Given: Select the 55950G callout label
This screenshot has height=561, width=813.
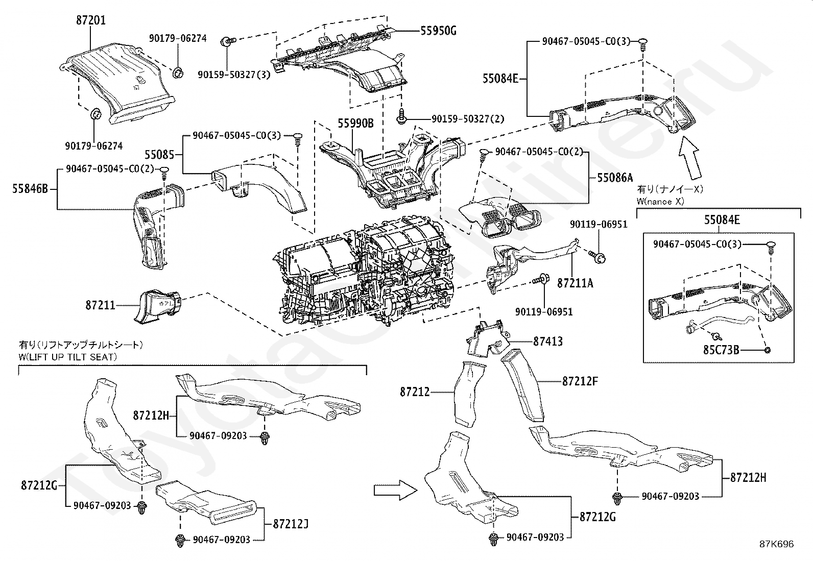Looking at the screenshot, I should pyautogui.click(x=438, y=31).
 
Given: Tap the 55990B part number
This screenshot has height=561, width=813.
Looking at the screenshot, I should pyautogui.click(x=355, y=124).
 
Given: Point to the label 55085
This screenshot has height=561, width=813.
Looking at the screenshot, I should pyautogui.click(x=159, y=154).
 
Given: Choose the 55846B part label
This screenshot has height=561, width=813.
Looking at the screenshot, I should pyautogui.click(x=30, y=189).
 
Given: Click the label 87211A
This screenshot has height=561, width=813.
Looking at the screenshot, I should pyautogui.click(x=575, y=282).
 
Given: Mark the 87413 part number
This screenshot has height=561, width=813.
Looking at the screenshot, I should pyautogui.click(x=548, y=341).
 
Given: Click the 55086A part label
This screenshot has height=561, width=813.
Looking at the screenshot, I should pyautogui.click(x=615, y=178).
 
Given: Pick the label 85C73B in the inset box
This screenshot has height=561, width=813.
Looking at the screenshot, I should pyautogui.click(x=721, y=350).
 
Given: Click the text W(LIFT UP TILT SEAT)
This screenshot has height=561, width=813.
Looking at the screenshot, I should pyautogui.click(x=68, y=357).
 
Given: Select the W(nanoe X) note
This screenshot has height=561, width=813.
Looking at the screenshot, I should pyautogui.click(x=660, y=201).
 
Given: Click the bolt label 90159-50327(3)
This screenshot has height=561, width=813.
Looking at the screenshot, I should pyautogui.click(x=234, y=75).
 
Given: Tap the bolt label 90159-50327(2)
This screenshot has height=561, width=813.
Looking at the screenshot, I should pyautogui.click(x=468, y=119).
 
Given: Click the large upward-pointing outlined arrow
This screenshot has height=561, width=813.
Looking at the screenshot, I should pyautogui.click(x=692, y=159).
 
